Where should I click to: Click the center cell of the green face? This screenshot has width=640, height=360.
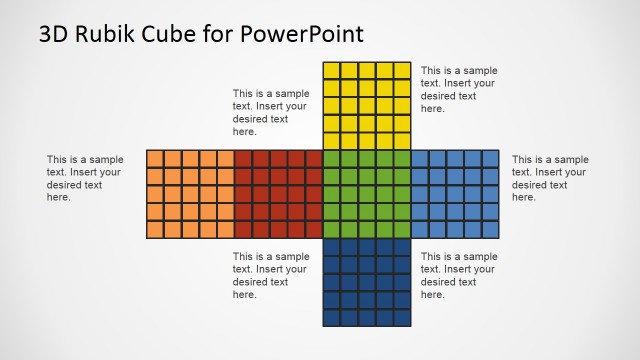367,194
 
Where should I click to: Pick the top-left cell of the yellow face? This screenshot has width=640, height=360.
332,70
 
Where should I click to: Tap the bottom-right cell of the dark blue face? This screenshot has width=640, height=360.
402,317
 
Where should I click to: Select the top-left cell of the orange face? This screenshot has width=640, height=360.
156,158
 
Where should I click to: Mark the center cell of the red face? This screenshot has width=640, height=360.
279,194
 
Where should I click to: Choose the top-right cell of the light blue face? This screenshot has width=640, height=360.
490,158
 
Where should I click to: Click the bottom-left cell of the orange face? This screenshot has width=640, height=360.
156,229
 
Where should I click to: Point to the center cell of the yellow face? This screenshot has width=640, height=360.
367,106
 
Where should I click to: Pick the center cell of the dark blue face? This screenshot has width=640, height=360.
367,282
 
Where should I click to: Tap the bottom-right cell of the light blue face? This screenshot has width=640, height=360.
490,229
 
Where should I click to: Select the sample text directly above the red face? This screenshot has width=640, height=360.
271,112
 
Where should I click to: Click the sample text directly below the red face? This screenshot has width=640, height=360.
271,275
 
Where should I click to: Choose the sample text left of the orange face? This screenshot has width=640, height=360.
85,178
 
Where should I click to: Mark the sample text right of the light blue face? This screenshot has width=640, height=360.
550,178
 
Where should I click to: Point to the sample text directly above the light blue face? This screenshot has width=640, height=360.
459,90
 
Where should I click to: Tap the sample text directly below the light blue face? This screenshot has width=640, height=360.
459,275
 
